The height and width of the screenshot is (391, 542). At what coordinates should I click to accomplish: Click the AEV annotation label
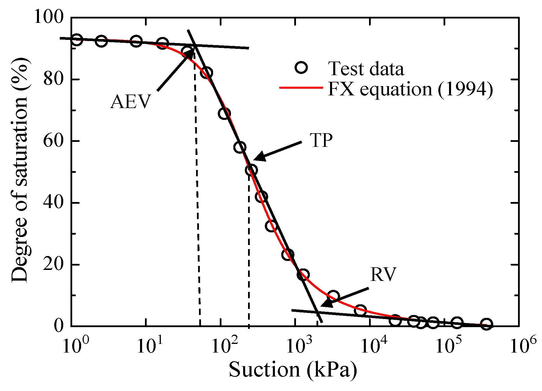pyautogui.click(x=131, y=102)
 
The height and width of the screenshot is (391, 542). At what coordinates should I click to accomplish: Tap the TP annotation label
pyautogui.click(x=321, y=141)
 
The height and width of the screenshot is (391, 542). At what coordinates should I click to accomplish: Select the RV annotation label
pyautogui.click(x=383, y=274)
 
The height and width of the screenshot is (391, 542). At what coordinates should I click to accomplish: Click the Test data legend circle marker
pyautogui.click(x=301, y=68)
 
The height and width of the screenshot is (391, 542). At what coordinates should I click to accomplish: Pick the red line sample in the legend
pyautogui.click(x=301, y=87)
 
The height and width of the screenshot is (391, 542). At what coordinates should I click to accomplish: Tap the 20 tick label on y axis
pyautogui.click(x=53, y=265)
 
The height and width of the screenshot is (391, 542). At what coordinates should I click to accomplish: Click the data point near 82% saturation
pyautogui.click(x=207, y=73)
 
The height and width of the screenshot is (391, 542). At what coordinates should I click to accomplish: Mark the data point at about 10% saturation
pyautogui.click(x=333, y=296)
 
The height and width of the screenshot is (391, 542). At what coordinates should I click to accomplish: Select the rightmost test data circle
pyautogui.click(x=486, y=324)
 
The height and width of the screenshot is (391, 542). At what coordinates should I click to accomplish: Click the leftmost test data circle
pyautogui.click(x=77, y=40)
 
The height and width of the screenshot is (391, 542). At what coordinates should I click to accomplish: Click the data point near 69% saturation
pyautogui.click(x=224, y=114)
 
